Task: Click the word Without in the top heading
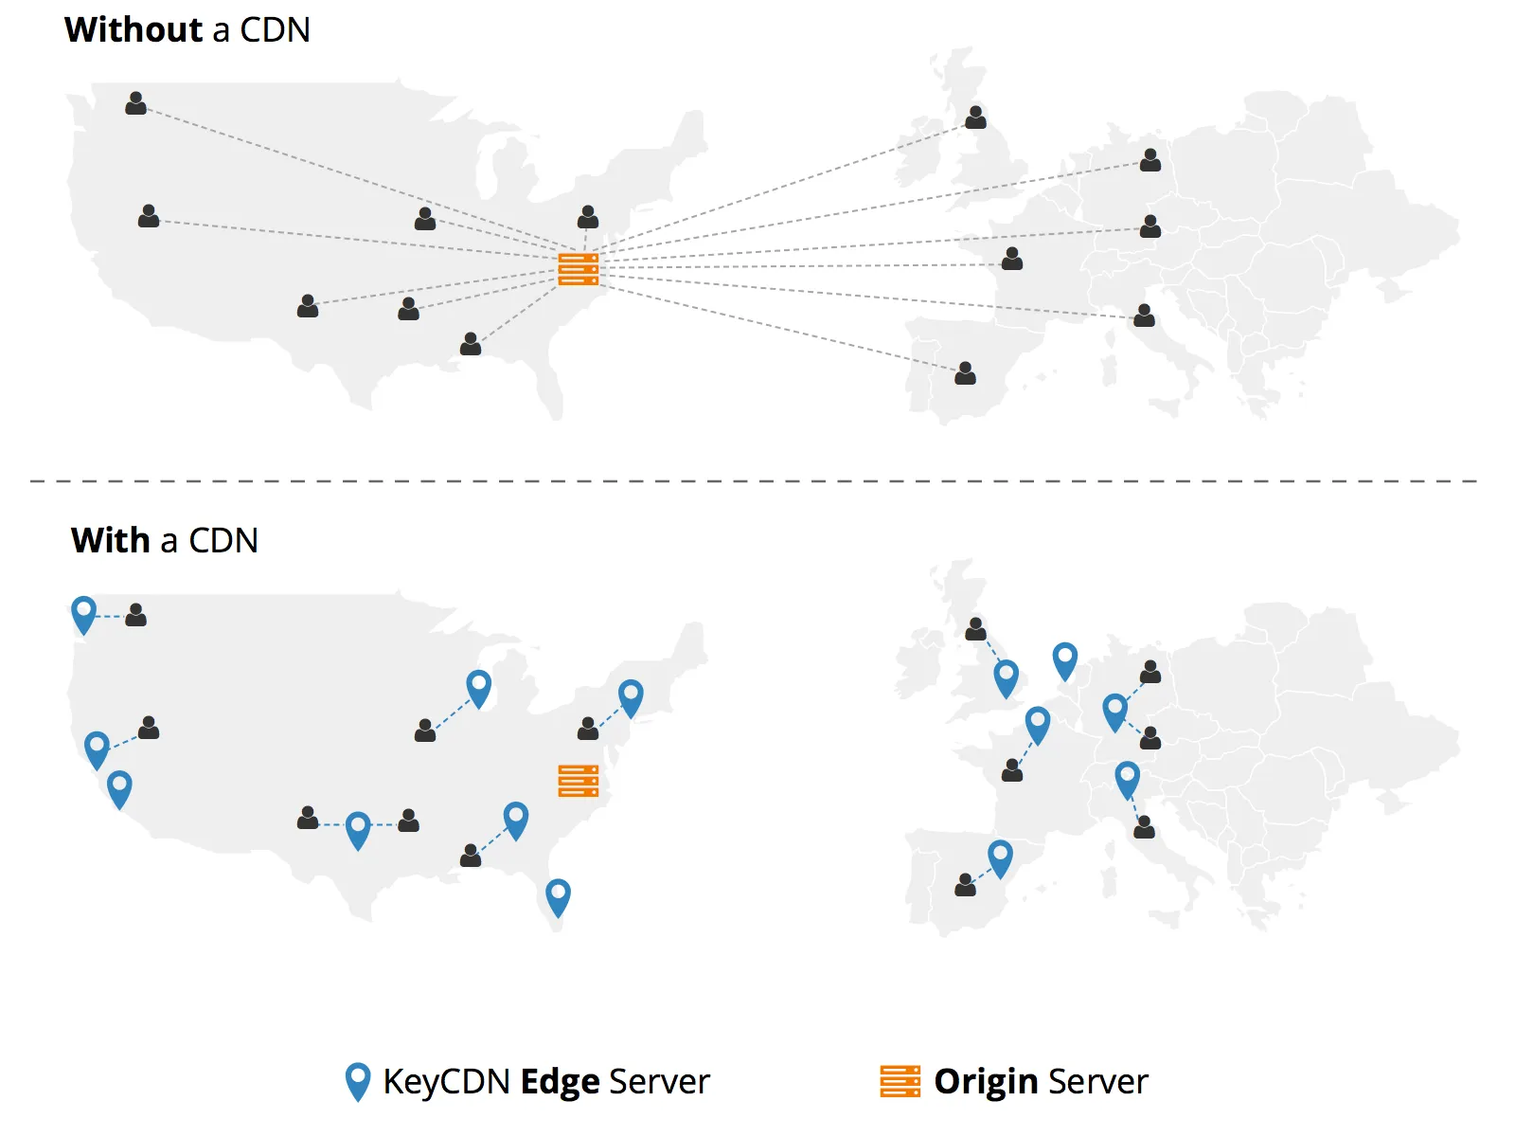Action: tap(133, 29)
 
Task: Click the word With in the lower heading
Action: tap(111, 540)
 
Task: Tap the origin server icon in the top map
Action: tap(578, 269)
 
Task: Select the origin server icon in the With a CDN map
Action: tap(578, 780)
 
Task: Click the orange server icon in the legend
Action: tap(900, 1081)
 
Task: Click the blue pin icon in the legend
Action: tap(358, 1081)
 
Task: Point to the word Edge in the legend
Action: tap(560, 1081)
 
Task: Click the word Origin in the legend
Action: tap(986, 1081)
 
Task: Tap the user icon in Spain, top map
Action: tap(965, 373)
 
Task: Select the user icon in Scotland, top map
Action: tap(975, 117)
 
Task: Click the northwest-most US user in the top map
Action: tap(135, 103)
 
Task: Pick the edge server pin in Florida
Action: tap(558, 896)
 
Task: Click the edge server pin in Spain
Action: tap(1000, 857)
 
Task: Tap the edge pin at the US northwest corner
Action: tap(83, 614)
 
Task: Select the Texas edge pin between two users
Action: tap(358, 829)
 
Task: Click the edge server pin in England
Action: tap(1006, 677)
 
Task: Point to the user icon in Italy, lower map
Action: tap(1144, 827)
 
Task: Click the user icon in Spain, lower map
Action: tap(965, 885)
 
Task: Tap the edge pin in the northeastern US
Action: tap(631, 696)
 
